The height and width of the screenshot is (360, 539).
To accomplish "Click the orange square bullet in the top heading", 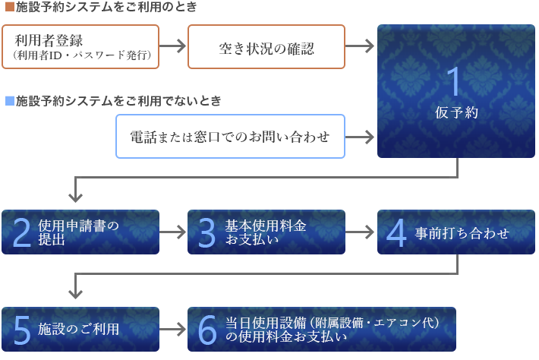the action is (10, 7).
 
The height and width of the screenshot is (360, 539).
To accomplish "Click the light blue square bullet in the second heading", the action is (10, 101).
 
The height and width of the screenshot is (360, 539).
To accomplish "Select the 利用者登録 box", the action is (80, 47).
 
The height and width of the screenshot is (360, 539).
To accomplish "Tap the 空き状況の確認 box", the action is (266, 47).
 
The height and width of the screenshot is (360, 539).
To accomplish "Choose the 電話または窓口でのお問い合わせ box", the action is (230, 137).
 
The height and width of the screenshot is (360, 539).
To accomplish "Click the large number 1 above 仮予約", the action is (454, 81).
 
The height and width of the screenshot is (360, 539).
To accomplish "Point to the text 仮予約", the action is (456, 112).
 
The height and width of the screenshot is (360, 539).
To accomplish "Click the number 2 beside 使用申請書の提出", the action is (22, 232).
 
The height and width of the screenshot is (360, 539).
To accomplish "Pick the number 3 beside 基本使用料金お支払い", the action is (206, 232).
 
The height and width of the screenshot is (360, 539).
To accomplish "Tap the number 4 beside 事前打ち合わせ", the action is (396, 232).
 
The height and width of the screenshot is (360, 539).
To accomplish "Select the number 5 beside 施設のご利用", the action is (22, 330).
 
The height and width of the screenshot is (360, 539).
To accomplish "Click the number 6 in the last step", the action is (207, 330).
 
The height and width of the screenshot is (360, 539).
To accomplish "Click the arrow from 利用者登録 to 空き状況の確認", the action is (173, 46).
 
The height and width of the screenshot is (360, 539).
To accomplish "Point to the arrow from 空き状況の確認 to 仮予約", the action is (360, 46).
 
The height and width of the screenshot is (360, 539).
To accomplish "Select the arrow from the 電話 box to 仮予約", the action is (360, 137).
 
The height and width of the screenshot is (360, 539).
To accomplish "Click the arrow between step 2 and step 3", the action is (173, 232).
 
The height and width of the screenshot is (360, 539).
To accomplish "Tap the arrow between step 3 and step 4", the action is (360, 232).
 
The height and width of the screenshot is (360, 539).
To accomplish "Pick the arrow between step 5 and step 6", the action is (173, 330).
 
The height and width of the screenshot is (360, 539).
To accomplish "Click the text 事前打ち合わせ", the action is (462, 233).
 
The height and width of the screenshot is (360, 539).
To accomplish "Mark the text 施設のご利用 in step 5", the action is (78, 329).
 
